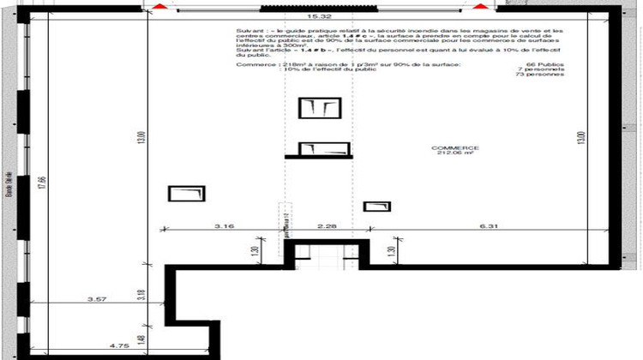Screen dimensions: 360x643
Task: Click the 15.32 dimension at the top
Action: [x=320, y=16]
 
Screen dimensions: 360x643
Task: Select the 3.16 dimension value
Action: [x=224, y=227]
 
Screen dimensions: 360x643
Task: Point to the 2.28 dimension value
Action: [x=327, y=227]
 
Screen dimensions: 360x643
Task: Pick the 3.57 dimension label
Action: [x=97, y=300]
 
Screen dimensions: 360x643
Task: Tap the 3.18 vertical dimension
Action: [x=141, y=296]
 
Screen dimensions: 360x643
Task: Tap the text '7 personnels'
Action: [x=545, y=69]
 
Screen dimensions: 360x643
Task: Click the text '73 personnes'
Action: [x=545, y=75]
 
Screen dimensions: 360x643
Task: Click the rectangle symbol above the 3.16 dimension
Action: [x=186, y=194]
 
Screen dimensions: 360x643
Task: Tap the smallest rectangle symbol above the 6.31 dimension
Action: [x=376, y=207]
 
